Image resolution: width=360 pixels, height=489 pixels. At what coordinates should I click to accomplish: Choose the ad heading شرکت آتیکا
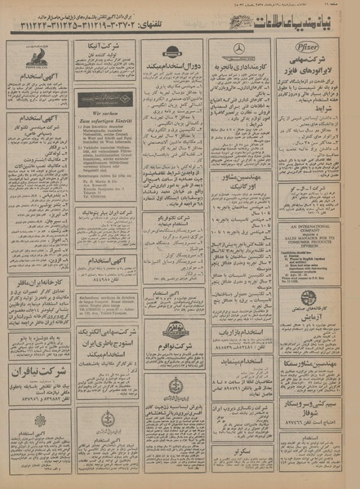[104, 50]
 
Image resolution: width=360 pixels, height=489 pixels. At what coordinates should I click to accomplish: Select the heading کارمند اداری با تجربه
[240, 64]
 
